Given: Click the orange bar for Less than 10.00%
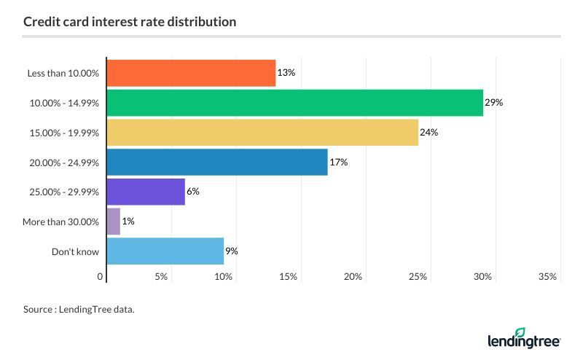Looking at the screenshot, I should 191,73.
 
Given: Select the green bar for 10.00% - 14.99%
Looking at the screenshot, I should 295,103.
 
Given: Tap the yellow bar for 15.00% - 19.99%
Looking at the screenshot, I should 262,133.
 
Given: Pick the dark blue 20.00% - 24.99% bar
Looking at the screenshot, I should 217,162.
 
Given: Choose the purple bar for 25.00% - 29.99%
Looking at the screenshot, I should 146,192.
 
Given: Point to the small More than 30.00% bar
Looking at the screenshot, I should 114,221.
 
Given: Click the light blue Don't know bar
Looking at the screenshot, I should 165,251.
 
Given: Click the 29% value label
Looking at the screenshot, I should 493,103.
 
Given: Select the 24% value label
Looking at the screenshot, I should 429,133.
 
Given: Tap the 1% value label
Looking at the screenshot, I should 128,222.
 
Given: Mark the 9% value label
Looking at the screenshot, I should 232,251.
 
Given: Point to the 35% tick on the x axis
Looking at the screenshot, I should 547,277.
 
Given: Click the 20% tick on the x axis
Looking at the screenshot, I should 353,277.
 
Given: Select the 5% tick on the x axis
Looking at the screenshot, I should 161,277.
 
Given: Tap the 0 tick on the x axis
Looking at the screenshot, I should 101,277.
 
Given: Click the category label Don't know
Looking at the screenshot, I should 75,251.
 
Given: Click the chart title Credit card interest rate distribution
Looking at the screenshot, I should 130,22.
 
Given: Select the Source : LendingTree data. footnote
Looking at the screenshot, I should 79,310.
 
